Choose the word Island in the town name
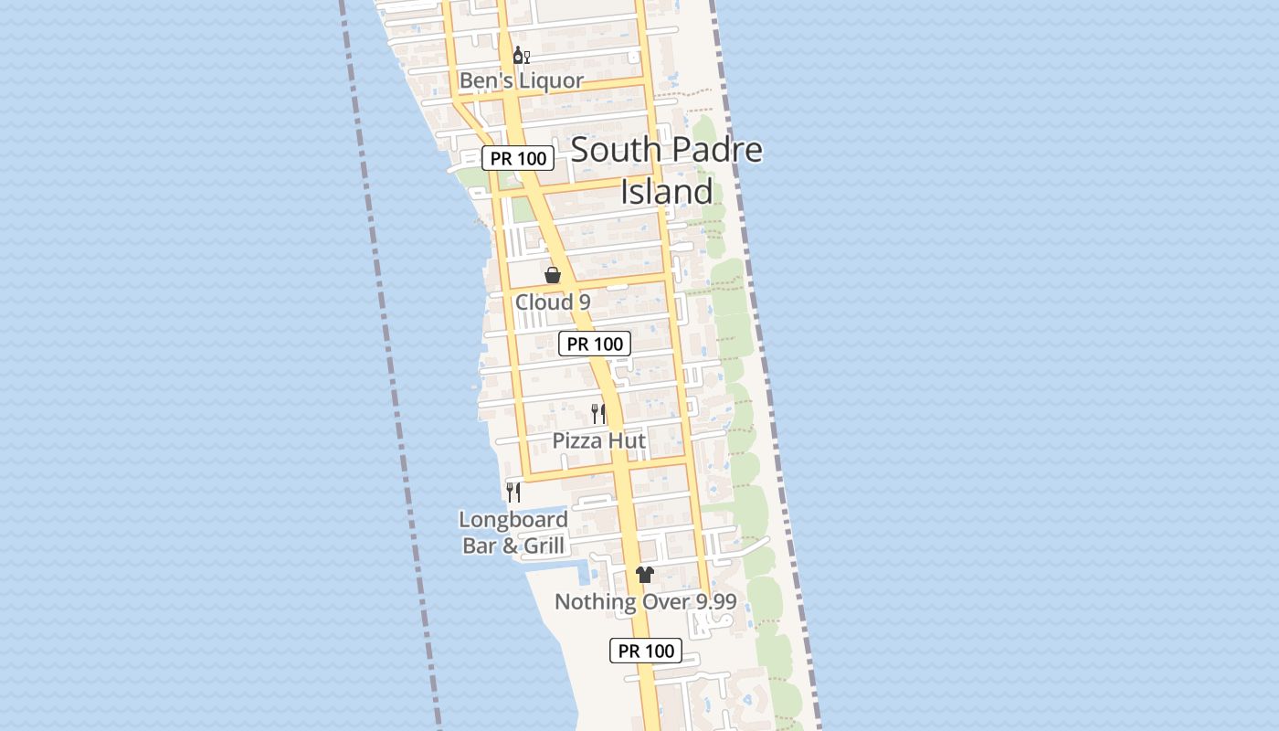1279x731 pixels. pos(667,192)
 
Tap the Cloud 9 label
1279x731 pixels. pos(553,302)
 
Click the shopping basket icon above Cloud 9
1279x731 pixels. pos(553,274)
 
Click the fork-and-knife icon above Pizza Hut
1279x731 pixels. pos(598,413)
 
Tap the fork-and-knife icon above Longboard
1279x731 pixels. pos(513,492)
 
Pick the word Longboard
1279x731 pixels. pos(513,520)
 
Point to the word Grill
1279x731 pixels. pos(543,546)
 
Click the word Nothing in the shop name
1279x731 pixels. pos(594,602)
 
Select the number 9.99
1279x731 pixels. pos(708,602)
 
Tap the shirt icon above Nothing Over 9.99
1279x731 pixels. pos(645,574)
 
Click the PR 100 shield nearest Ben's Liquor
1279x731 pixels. pos(518,158)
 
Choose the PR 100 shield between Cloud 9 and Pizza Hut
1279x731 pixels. pos(595,344)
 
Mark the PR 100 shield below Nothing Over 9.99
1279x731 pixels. pos(646,651)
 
